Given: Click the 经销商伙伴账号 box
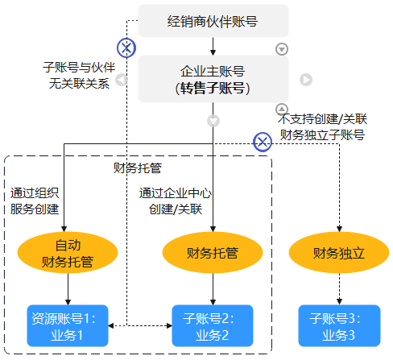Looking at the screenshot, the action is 213,21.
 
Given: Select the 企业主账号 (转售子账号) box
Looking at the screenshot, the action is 213,79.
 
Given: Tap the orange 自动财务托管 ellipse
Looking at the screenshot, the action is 68,253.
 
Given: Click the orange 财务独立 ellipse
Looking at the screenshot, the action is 339,253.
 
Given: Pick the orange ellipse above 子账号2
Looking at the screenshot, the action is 213,253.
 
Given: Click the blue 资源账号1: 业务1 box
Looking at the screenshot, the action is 68,325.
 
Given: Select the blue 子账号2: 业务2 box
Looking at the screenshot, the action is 213,325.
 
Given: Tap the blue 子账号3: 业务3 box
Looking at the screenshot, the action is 339,325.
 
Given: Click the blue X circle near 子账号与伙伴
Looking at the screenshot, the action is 126,48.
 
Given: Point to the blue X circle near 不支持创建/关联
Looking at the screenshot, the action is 263,142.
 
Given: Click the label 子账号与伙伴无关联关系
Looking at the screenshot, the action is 79,76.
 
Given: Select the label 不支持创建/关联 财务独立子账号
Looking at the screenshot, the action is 322,126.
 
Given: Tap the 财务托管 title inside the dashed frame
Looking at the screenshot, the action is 138,168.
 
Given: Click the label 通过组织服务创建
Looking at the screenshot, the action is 35,201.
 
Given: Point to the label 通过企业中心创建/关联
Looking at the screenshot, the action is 176,201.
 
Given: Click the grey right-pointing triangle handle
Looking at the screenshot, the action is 306,80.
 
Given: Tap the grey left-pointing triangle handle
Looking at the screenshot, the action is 122,80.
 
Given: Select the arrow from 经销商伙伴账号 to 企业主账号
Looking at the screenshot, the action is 213,47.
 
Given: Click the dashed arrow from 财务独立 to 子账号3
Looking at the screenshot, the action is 339,289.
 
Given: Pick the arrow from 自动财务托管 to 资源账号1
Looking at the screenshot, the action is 68,289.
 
